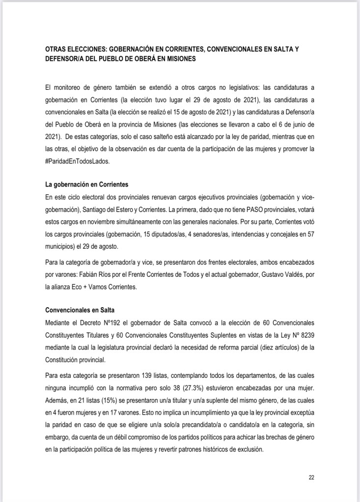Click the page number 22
(x=311, y=477)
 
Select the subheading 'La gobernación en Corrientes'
(x=86, y=185)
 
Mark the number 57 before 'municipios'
(x=309, y=235)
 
